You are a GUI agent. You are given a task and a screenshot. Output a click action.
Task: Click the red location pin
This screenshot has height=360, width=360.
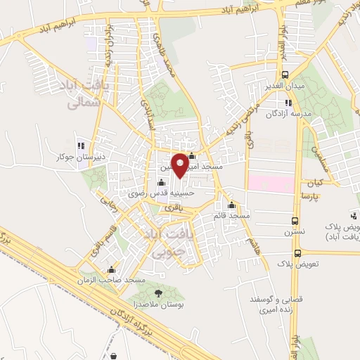(181, 165)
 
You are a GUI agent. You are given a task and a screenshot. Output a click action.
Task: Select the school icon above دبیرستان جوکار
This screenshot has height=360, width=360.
(79, 146)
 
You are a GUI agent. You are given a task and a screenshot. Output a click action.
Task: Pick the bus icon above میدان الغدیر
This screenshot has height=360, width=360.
(285, 74)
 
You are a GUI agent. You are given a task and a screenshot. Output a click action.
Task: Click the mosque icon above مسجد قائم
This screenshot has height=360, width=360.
(231, 204)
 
